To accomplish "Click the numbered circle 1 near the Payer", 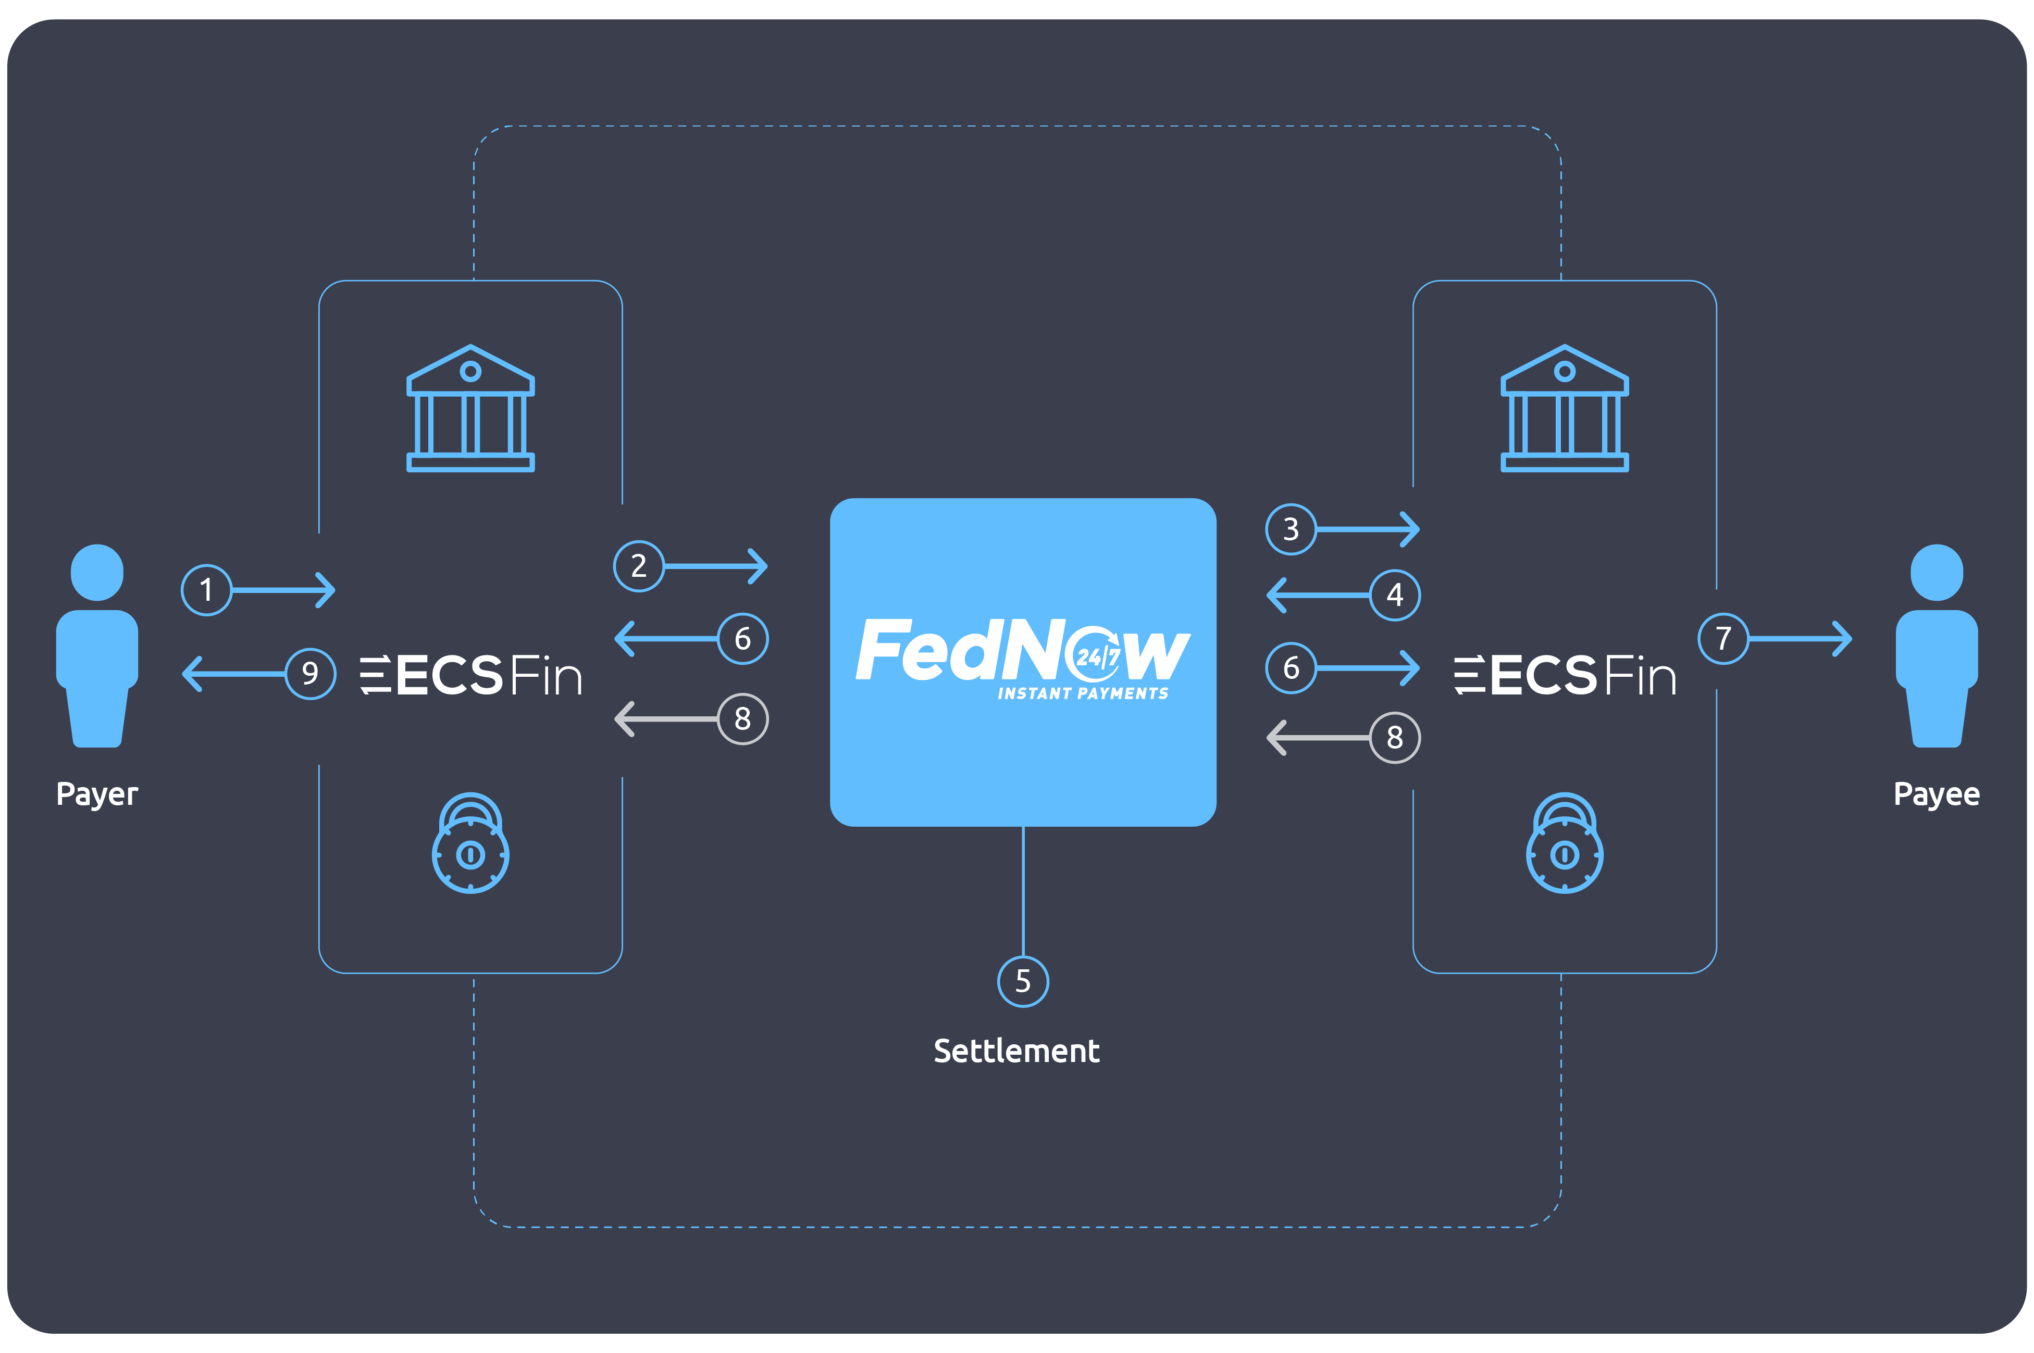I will pos(206,590).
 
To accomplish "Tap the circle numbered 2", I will pos(639,566).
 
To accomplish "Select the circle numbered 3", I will pos(1291,529).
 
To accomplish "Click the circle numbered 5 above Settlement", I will pos(1023,981).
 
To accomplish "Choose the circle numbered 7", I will pos(1723,639).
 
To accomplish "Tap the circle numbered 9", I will pos(310,673).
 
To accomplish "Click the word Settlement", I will pos(1016,1051).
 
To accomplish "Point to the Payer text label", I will pos(97,794).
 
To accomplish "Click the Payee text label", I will pos(1937,794).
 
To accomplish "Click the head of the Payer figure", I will pos(97,572).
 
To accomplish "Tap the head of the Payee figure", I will pos(1937,572).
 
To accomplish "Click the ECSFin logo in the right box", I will pos(1565,675).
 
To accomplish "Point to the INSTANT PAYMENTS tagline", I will pos(1083,694).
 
